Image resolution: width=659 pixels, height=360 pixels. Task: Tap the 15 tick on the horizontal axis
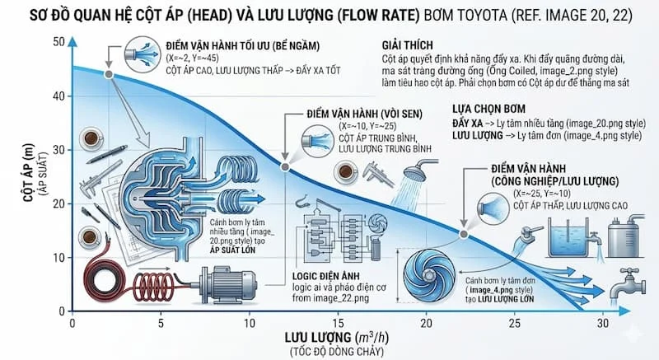pyautogui.click(x=337, y=323)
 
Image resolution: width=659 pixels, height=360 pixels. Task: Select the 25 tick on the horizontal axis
pyautogui.click(x=514, y=323)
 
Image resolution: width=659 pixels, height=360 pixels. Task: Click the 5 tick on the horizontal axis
pyautogui.click(x=161, y=323)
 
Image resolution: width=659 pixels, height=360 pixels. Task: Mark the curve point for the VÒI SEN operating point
pyautogui.click(x=285, y=167)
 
